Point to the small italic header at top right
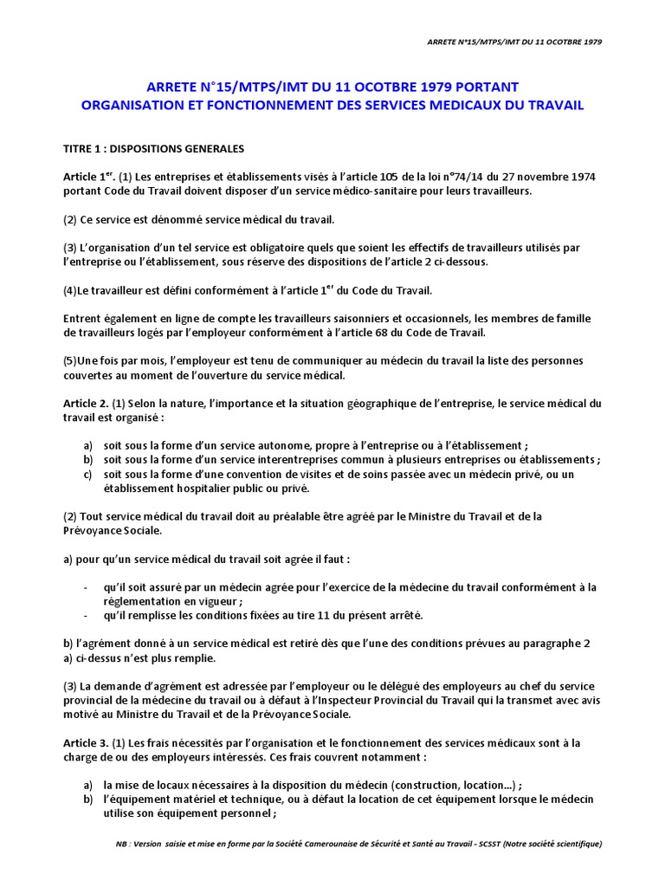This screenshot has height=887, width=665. [x=516, y=42]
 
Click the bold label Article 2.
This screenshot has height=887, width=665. [x=86, y=403]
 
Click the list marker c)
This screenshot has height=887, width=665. [x=87, y=475]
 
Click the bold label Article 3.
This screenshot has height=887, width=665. [x=86, y=742]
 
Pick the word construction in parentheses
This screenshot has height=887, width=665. [x=431, y=784]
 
